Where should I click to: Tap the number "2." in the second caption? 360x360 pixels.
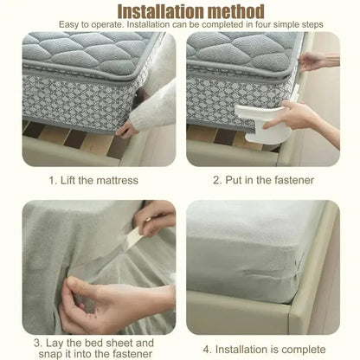[x=218, y=181]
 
